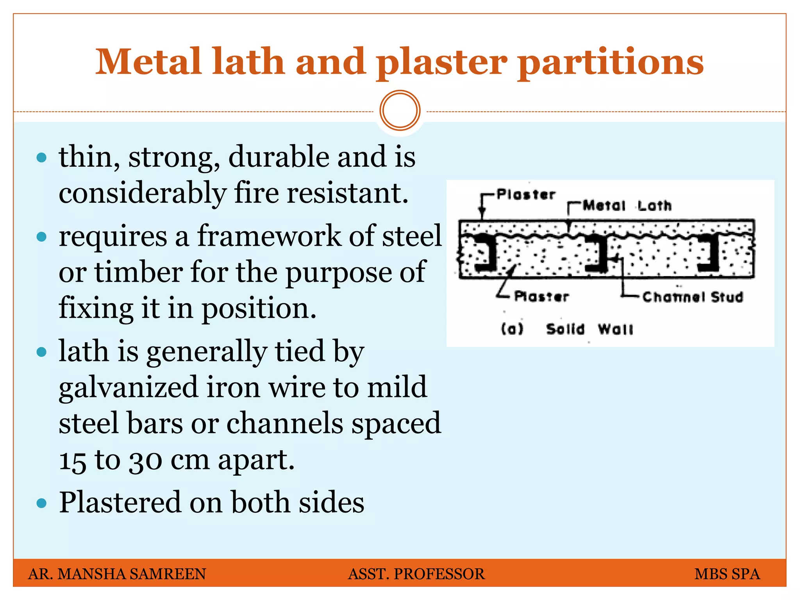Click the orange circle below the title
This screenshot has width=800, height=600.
pyautogui.click(x=400, y=111)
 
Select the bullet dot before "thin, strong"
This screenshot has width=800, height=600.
pyautogui.click(x=41, y=158)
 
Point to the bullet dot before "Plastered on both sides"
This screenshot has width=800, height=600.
pyautogui.click(x=41, y=503)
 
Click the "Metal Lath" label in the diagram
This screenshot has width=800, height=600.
pyautogui.click(x=627, y=205)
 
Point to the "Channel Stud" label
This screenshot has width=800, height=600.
pyautogui.click(x=693, y=297)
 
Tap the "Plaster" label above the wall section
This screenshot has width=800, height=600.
pyautogui.click(x=526, y=194)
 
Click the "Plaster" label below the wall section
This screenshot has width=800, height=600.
pyautogui.click(x=541, y=296)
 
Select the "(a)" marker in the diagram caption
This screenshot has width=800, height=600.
pyautogui.click(x=512, y=329)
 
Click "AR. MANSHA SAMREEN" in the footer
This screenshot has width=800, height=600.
pyautogui.click(x=117, y=574)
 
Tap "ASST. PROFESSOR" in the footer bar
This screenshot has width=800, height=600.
pyautogui.click(x=416, y=574)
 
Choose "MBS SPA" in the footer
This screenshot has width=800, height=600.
pyautogui.click(x=727, y=574)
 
